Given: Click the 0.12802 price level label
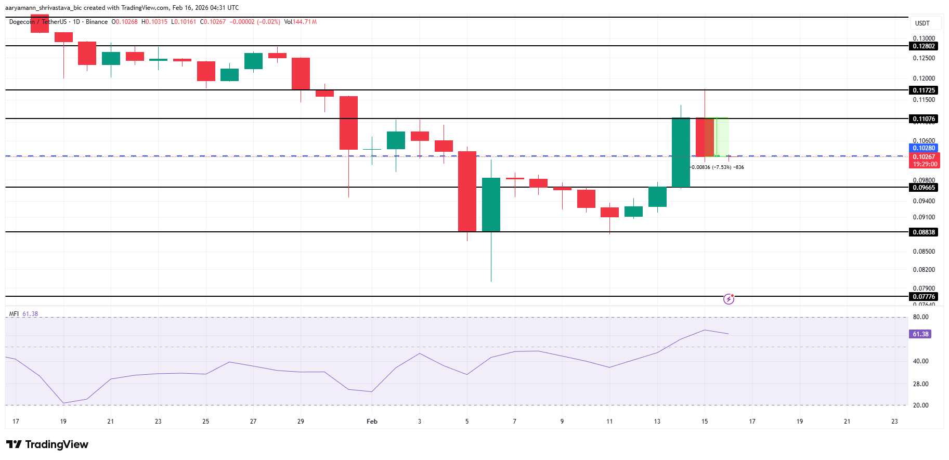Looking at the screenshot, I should pyautogui.click(x=924, y=46).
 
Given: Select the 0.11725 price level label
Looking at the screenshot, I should pyautogui.click(x=924, y=90).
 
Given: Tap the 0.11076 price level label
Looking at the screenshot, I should pyautogui.click(x=924, y=119).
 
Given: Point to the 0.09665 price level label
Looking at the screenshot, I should pyautogui.click(x=924, y=188).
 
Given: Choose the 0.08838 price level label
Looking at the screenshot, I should pyautogui.click(x=924, y=232).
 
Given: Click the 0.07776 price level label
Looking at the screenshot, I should pyautogui.click(x=924, y=297).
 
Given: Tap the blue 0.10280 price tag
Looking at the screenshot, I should pyautogui.click(x=924, y=148).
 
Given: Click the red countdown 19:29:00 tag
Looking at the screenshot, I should pyautogui.click(x=925, y=164).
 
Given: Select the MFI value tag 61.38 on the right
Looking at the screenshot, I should pyautogui.click(x=920, y=334).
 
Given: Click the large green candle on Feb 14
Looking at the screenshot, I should pyautogui.click(x=681, y=152).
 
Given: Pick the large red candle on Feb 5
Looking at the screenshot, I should pyautogui.click(x=467, y=191).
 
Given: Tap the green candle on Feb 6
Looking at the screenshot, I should pyautogui.click(x=491, y=204).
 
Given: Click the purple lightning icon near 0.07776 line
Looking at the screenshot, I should pyautogui.click(x=729, y=299).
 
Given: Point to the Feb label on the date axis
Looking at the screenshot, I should pyautogui.click(x=372, y=422).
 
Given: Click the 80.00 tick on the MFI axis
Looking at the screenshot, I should pyautogui.click(x=920, y=317).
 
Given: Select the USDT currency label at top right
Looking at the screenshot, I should pyautogui.click(x=922, y=23).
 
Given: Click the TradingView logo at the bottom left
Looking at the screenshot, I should pyautogui.click(x=47, y=444).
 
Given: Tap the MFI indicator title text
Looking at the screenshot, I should pyautogui.click(x=14, y=314).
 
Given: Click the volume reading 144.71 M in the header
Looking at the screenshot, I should pyautogui.click(x=305, y=22).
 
